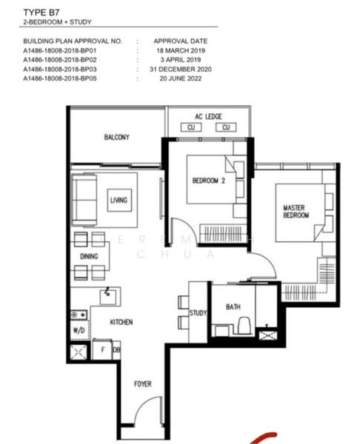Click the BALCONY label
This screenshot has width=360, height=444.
point(116,138)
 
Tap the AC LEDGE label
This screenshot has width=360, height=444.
point(209,115)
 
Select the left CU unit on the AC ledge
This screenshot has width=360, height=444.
point(192,128)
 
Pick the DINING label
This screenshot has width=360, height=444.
point(89,256)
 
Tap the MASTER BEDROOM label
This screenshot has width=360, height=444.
point(296,211)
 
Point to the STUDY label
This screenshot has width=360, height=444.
point(198,313)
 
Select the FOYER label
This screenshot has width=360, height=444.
point(142,384)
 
